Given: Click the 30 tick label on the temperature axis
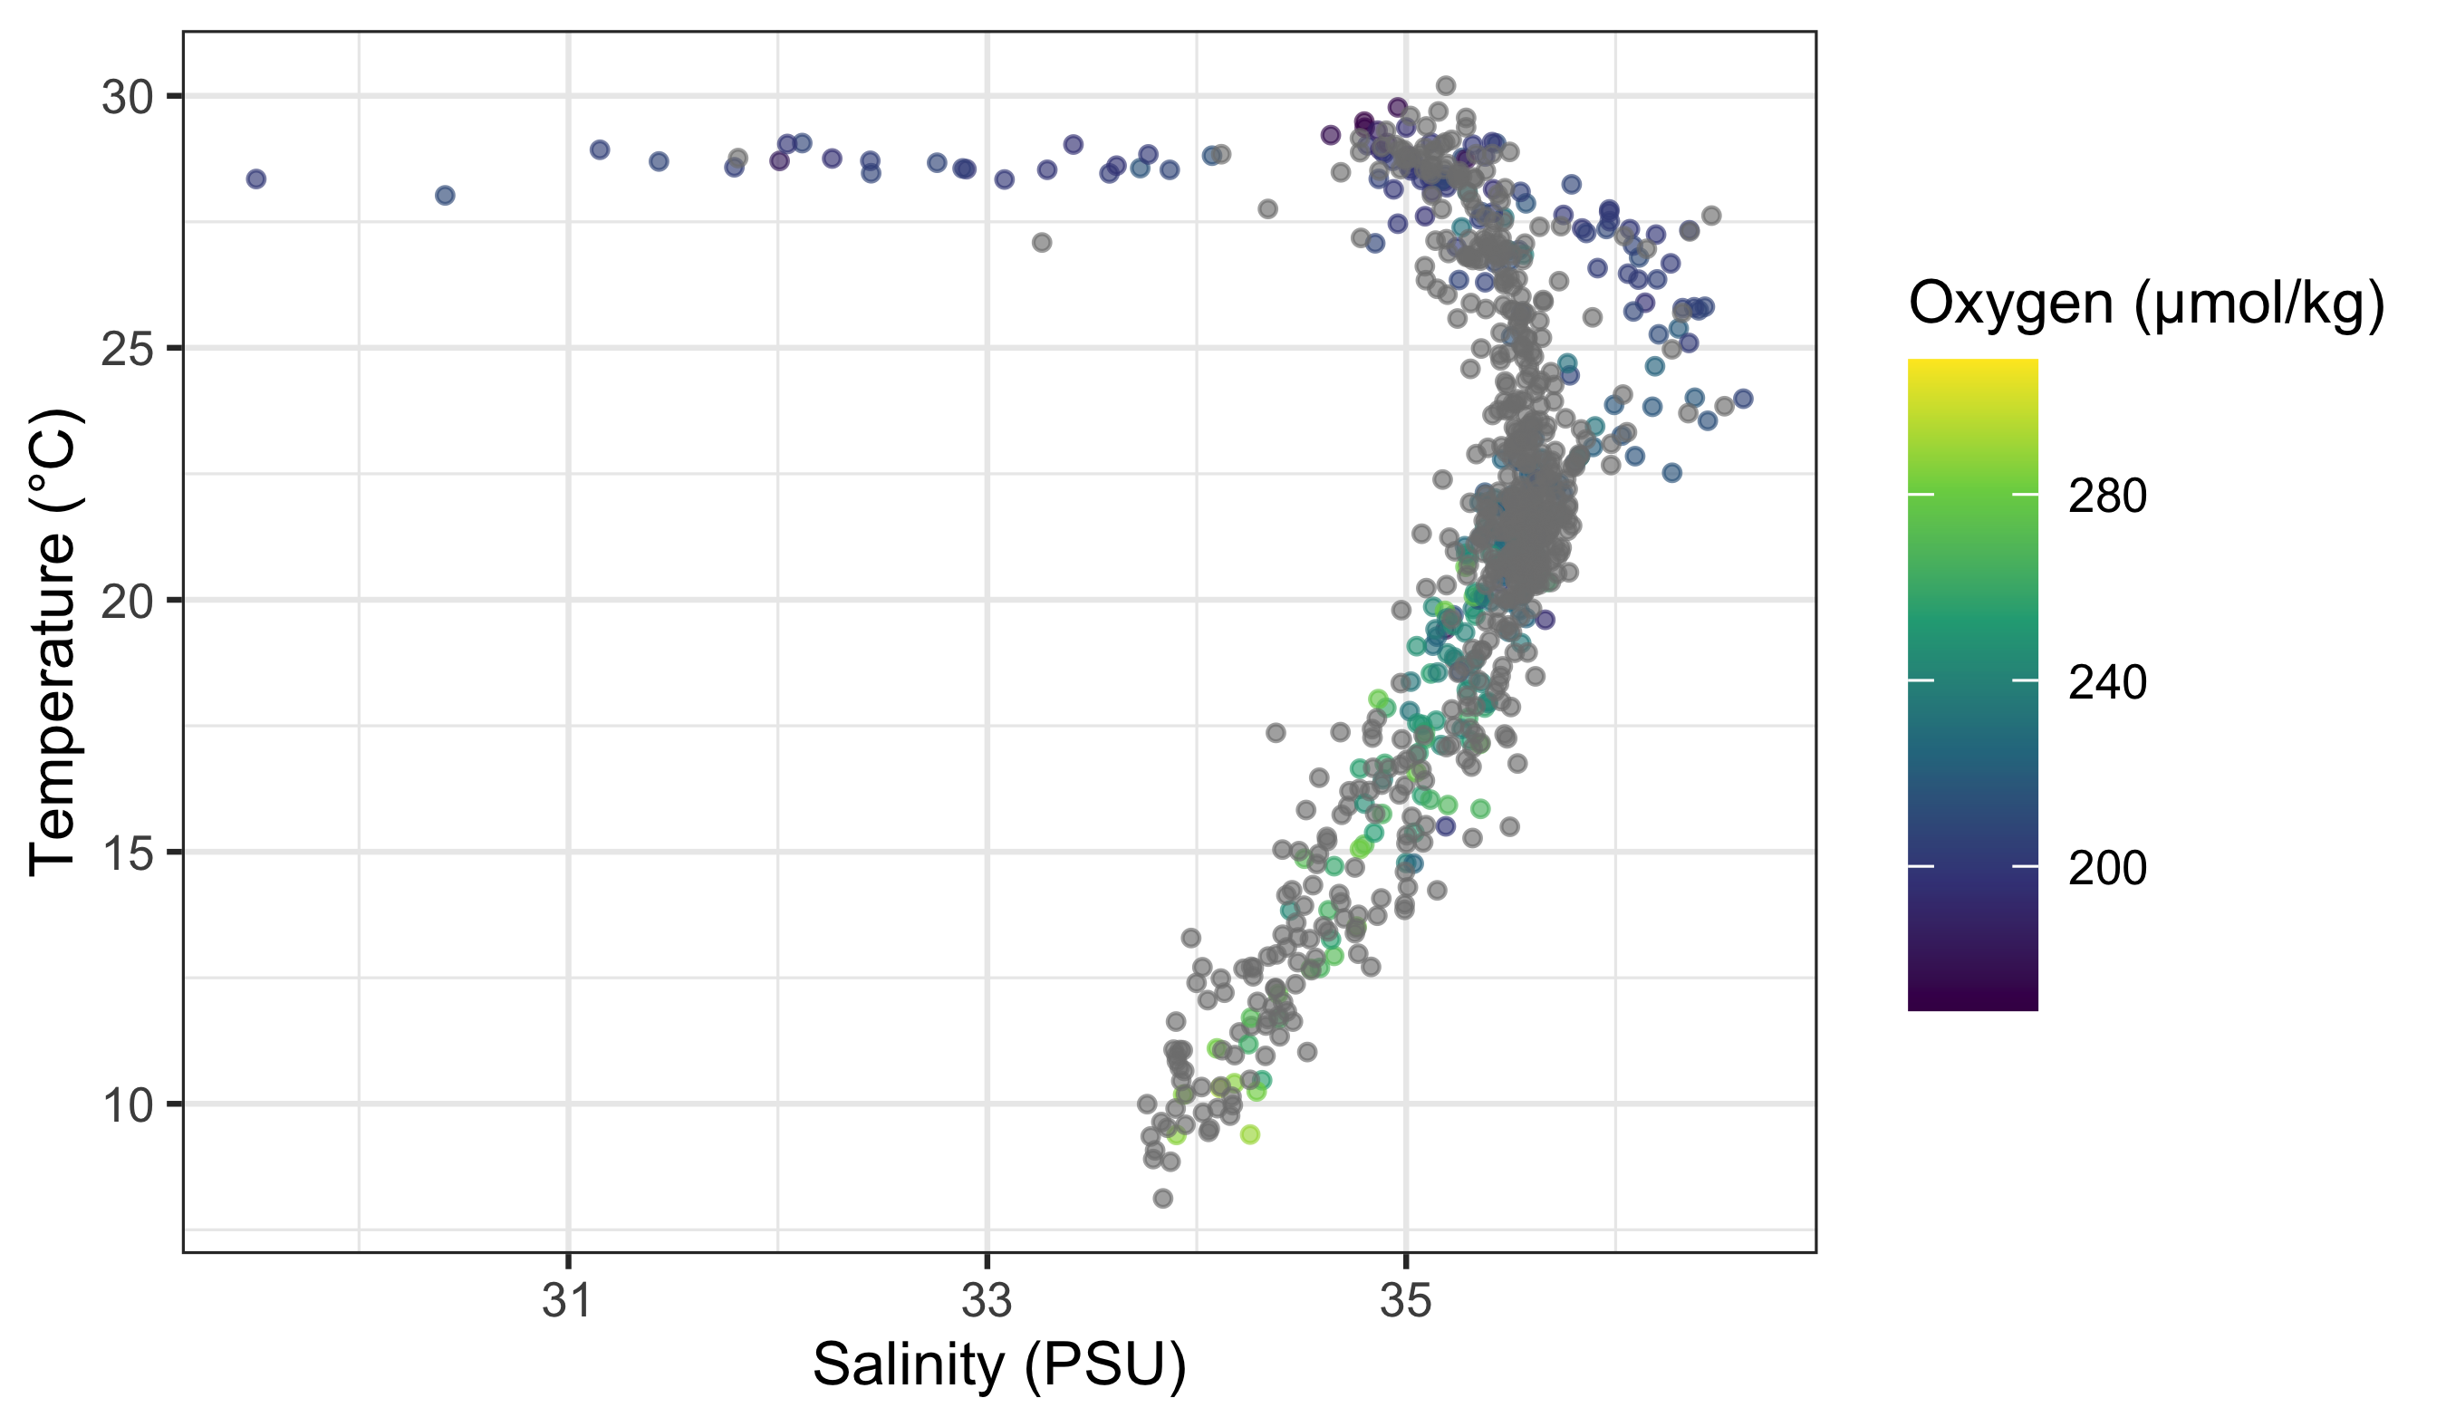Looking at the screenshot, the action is click(127, 97).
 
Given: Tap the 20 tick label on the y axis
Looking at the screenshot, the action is click(127, 602).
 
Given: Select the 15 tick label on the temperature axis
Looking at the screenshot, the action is click(127, 853).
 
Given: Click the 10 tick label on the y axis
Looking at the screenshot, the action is click(127, 1104).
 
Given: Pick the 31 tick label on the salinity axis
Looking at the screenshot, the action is click(568, 1301).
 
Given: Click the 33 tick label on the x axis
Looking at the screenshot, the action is click(987, 1301).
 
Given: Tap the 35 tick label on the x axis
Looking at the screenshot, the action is click(1406, 1301).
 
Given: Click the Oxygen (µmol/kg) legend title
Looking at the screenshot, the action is click(2146, 304).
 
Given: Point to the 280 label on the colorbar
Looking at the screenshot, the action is click(2107, 497).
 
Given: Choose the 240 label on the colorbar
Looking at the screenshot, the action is click(2107, 682).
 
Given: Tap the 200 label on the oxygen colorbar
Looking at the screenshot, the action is click(2107, 867).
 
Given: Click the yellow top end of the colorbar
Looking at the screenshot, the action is click(1972, 363).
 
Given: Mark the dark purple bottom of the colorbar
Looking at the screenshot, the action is click(1972, 1006).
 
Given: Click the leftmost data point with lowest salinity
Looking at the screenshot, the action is click(256, 178).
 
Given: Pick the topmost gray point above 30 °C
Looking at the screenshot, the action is click(1445, 85).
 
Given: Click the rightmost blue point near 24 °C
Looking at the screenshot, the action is click(1743, 398).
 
